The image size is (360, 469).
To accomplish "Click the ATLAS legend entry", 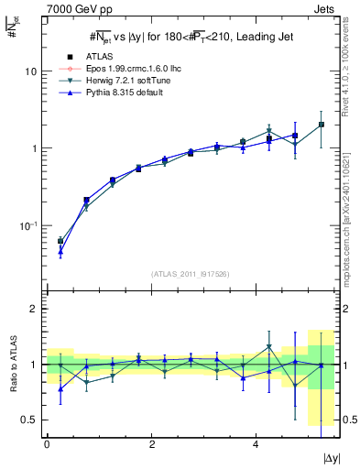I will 98,57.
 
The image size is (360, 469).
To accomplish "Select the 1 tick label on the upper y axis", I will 34,148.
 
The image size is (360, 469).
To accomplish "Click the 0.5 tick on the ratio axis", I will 29,420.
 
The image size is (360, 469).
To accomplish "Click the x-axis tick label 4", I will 256,442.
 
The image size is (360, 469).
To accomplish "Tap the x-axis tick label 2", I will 151,442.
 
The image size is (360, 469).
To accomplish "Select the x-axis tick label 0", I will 47,442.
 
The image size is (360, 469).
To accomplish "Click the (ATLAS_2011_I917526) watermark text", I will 184,274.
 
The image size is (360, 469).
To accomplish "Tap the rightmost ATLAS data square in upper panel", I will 321,125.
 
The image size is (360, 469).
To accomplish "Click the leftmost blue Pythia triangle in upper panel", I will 60,251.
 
